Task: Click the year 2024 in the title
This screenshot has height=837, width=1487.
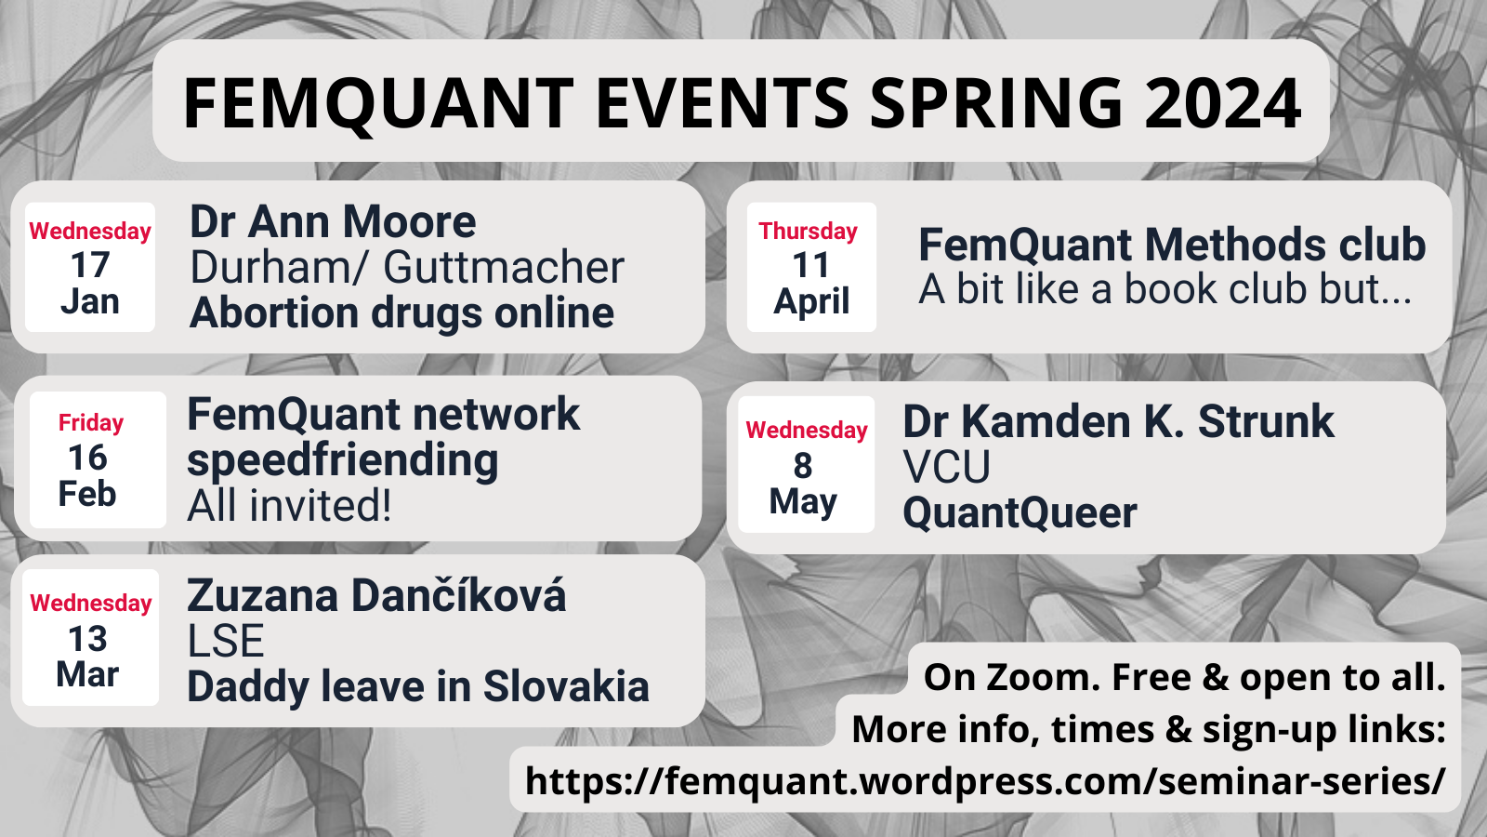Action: click(1222, 103)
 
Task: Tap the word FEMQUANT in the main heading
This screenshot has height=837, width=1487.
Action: click(377, 103)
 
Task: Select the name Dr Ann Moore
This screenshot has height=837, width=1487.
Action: click(333, 221)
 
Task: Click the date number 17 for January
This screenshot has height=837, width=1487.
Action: click(90, 265)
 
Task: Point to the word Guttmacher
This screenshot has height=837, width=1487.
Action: click(504, 268)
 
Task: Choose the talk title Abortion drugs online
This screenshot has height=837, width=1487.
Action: click(401, 312)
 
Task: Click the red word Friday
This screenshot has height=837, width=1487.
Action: click(91, 423)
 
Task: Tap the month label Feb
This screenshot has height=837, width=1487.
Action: click(87, 494)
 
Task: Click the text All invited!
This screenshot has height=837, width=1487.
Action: click(289, 506)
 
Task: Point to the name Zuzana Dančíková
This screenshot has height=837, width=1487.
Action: click(376, 595)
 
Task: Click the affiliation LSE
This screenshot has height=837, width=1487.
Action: click(226, 641)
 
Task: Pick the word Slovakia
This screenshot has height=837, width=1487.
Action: click(566, 686)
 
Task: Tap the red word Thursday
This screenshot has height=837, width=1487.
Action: click(808, 232)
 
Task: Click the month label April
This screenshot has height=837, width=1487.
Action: click(811, 301)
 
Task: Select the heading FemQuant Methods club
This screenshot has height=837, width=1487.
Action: click(1172, 245)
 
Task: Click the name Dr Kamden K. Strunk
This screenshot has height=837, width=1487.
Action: click(1119, 421)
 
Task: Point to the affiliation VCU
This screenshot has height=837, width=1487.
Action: click(947, 466)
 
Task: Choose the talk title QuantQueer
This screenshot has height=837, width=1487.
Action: click(1020, 512)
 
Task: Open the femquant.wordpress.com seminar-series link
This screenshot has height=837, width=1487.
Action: click(985, 780)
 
